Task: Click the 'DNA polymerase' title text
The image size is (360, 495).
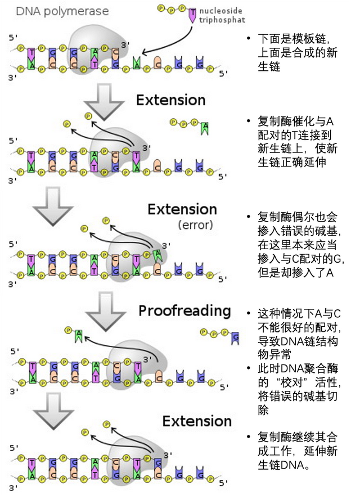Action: coord(62,11)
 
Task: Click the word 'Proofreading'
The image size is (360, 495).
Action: coord(184,310)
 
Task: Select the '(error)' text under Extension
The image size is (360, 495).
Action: coord(195,225)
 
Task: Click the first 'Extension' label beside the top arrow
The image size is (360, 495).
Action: coord(171,100)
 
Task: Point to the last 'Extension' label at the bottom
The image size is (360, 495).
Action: coord(197,421)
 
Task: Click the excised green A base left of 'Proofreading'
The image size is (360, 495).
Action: coord(79,336)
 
